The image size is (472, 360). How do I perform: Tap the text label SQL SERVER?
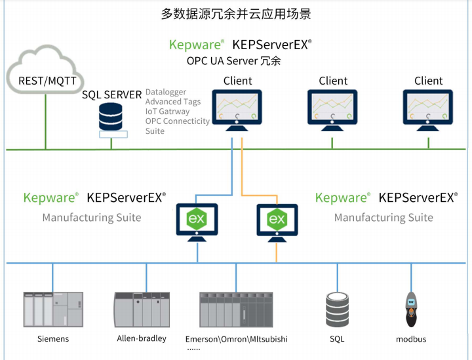(x=111, y=95)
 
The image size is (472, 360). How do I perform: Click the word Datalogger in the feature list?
(x=166, y=92)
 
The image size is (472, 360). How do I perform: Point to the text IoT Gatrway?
(x=167, y=111)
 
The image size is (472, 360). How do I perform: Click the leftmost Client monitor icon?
(x=237, y=108)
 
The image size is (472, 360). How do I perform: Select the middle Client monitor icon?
(x=333, y=108)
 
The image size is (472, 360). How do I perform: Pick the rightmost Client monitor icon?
(x=429, y=108)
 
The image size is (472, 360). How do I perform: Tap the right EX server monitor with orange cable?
(x=277, y=220)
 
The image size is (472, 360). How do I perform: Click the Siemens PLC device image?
(x=52, y=308)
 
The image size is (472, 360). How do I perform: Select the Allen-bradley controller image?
(x=141, y=308)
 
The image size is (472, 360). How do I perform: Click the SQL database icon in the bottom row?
(x=337, y=308)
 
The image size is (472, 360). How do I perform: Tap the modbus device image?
(x=412, y=308)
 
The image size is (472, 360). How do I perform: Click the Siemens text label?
(x=52, y=339)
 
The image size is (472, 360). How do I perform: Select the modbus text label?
(x=412, y=339)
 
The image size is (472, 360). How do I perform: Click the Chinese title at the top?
(x=236, y=13)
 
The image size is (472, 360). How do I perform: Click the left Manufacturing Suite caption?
(x=92, y=217)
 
